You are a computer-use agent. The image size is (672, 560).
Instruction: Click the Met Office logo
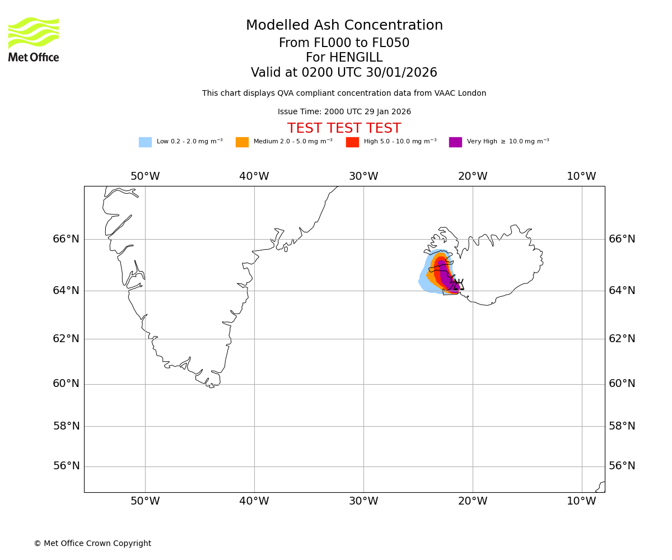[34, 39]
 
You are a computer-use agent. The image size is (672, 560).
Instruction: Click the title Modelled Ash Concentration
[344, 26]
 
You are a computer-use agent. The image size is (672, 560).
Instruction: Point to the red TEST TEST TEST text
[344, 129]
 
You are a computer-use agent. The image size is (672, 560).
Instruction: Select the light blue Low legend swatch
[145, 142]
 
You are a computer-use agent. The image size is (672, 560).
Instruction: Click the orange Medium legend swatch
[242, 142]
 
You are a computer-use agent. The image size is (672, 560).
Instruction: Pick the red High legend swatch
[352, 142]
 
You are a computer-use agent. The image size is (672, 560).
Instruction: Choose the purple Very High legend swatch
[455, 142]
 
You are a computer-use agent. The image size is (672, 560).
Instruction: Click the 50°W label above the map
[145, 176]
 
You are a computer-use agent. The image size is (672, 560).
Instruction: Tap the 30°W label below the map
[363, 501]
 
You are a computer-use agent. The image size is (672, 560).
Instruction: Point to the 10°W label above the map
[581, 176]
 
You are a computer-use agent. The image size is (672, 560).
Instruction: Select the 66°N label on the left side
[66, 239]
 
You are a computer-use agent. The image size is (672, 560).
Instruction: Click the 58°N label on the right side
[622, 426]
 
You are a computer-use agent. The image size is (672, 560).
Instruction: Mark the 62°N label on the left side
[66, 339]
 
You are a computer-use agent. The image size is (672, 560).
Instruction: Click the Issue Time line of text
[344, 112]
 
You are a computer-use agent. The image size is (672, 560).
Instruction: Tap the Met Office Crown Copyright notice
[92, 544]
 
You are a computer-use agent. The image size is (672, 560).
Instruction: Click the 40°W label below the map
[254, 501]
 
